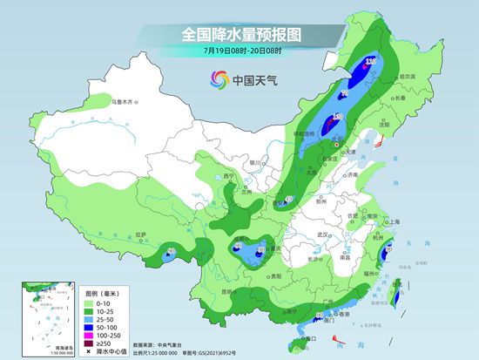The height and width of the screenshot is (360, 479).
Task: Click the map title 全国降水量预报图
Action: click(x=239, y=34)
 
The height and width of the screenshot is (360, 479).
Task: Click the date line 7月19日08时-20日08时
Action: click(x=239, y=52)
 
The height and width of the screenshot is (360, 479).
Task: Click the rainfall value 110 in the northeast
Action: click(x=370, y=62)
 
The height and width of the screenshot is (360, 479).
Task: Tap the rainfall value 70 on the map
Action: click(x=345, y=93)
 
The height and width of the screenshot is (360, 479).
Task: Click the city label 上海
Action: click(x=391, y=221)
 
